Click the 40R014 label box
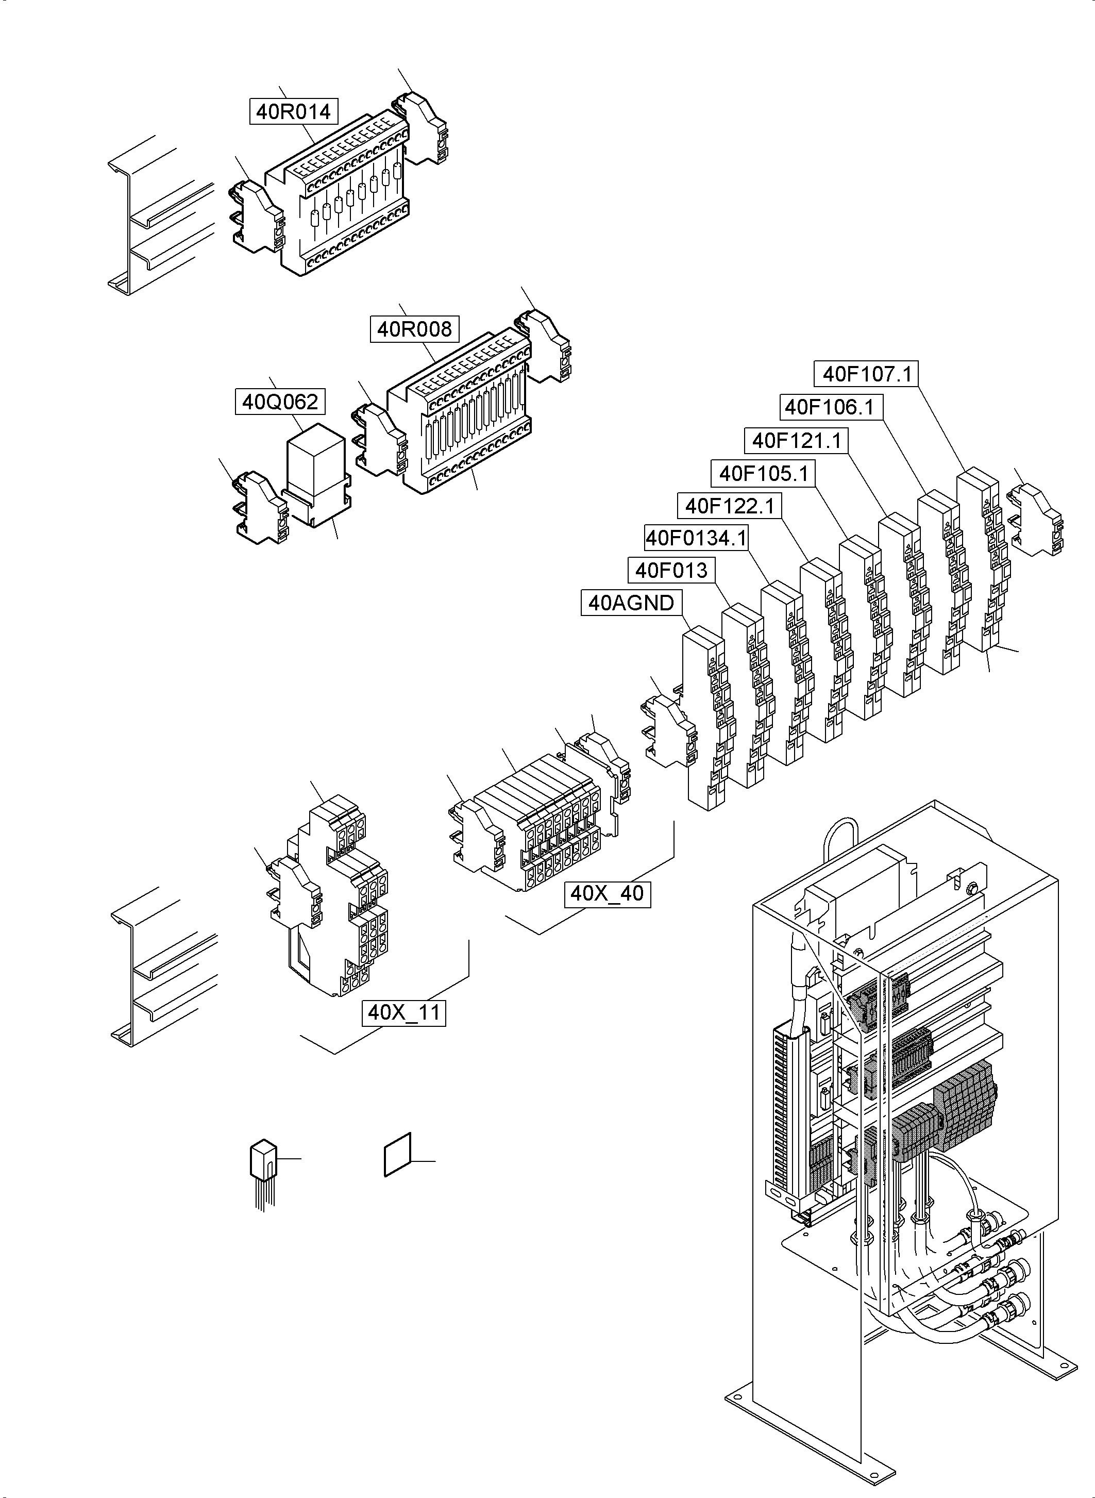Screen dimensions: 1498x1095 294,111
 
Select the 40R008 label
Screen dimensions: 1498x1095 414,329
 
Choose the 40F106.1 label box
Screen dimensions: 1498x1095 829,407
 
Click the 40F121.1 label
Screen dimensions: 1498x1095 796,440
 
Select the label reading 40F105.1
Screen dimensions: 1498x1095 764,473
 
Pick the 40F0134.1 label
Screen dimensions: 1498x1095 696,538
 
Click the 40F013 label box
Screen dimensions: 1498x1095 671,570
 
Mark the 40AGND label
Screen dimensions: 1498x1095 631,603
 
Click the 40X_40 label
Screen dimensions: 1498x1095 607,893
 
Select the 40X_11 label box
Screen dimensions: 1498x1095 403,1012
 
